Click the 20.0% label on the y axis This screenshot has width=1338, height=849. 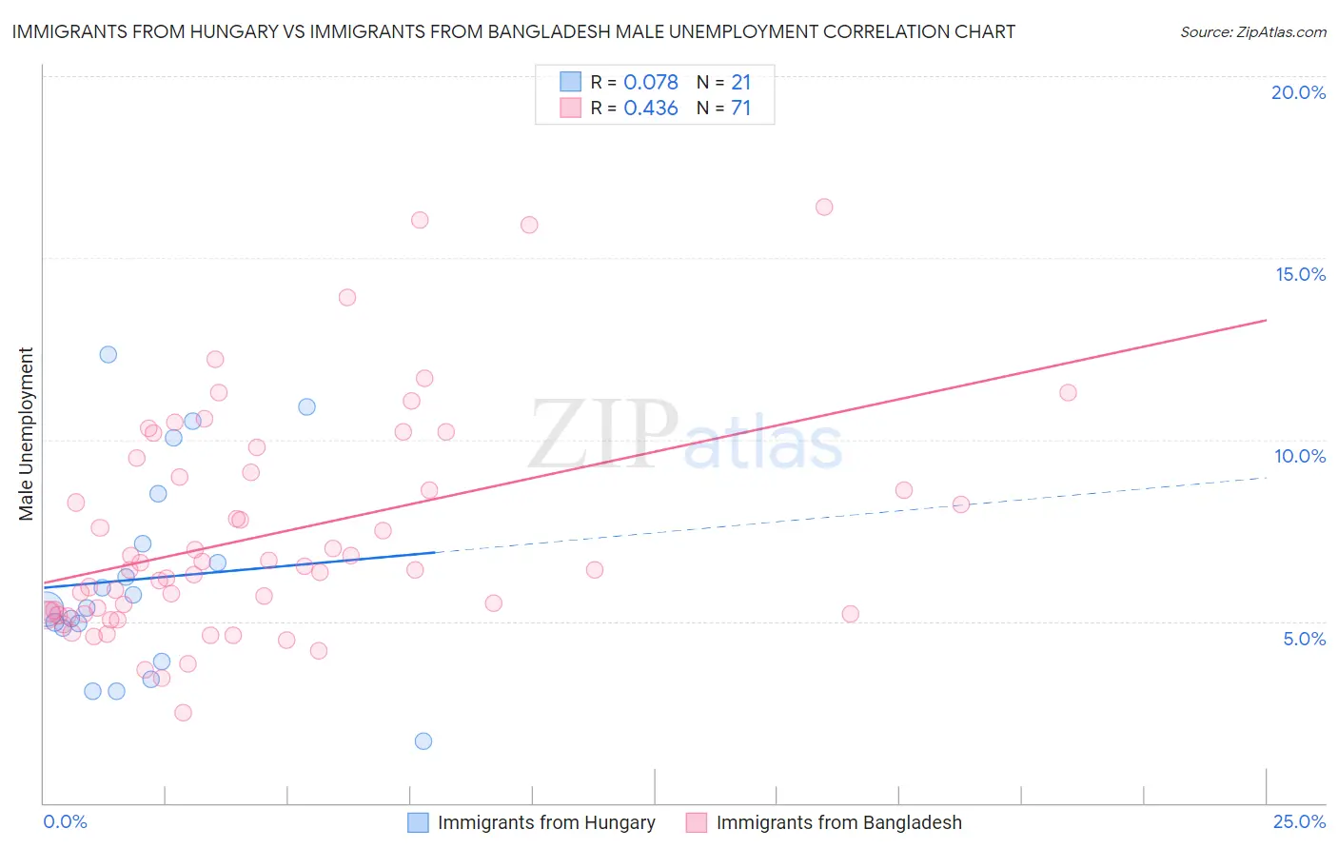[x=1298, y=92]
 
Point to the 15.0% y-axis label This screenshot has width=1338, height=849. [x=1300, y=274]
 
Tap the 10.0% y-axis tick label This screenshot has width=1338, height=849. [x=1300, y=456]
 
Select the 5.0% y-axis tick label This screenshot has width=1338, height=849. [x=1304, y=639]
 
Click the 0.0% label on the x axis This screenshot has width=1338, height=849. [x=65, y=821]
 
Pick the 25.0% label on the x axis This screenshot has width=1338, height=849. [x=1299, y=821]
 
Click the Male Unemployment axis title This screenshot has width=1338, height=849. [x=27, y=434]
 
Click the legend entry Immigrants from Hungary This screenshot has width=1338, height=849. [x=545, y=822]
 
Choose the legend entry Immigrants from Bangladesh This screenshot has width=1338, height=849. [x=838, y=822]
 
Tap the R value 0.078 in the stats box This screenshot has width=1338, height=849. [x=651, y=82]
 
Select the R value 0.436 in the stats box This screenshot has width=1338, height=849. [x=651, y=109]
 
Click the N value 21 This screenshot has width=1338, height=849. [x=740, y=82]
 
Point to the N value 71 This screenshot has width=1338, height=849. [x=740, y=109]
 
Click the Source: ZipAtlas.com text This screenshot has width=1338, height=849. [x=1252, y=32]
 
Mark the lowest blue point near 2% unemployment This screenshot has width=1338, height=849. [x=423, y=741]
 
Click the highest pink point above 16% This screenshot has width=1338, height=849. [x=824, y=207]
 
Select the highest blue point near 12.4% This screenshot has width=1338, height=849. [x=108, y=354]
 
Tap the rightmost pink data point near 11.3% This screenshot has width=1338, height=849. [x=1068, y=393]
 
